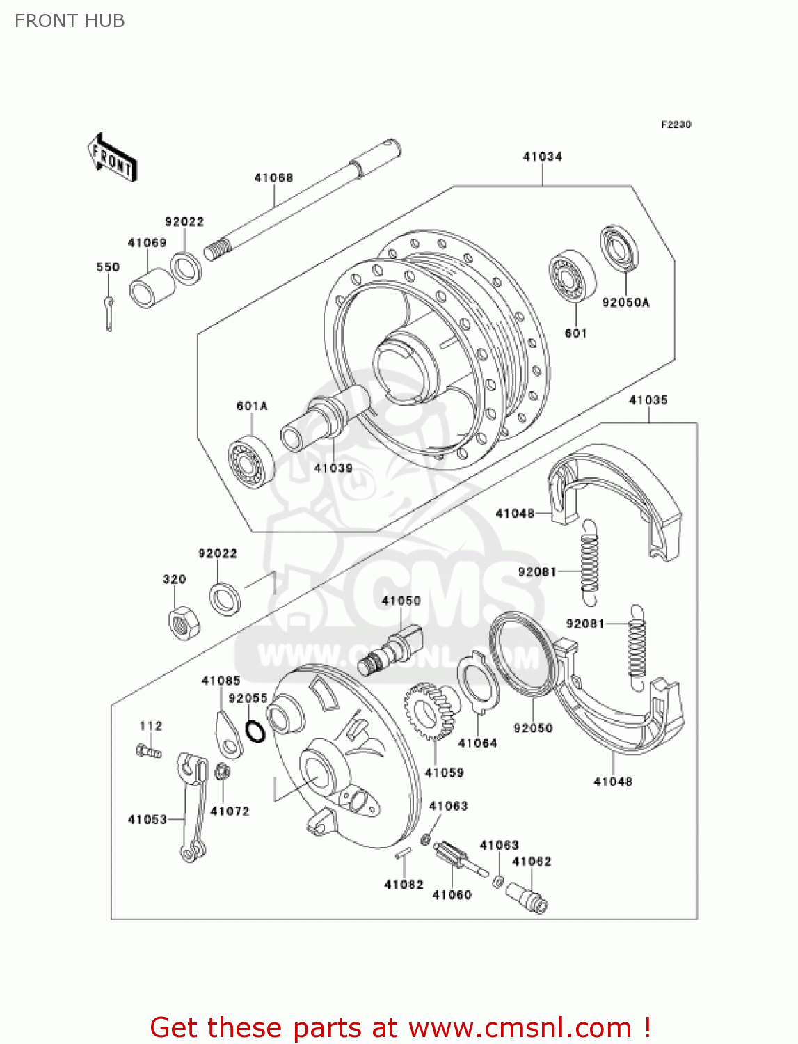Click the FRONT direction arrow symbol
[111, 157]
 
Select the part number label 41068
[273, 177]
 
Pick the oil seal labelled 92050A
[620, 248]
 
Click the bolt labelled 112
[148, 751]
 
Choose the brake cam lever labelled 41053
[193, 804]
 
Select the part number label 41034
[542, 157]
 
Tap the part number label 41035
[648, 400]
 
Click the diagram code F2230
[676, 125]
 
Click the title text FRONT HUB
[70, 21]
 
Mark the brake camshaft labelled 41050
[392, 650]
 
